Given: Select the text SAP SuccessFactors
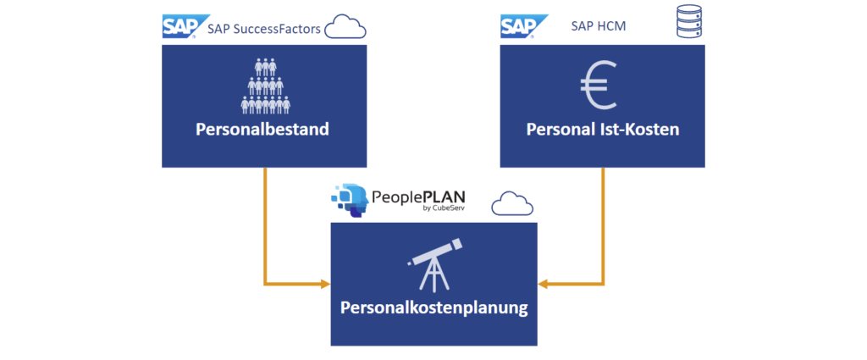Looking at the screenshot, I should click(263, 30).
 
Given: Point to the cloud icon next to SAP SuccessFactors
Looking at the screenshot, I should click(345, 28).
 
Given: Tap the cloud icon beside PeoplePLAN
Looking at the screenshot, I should click(513, 204).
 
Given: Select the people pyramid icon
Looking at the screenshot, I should click(264, 86).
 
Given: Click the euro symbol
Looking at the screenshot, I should click(600, 87).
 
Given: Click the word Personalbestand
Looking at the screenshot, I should click(263, 130).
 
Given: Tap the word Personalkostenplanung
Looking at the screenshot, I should click(433, 307).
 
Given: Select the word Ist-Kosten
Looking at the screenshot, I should click(641, 130).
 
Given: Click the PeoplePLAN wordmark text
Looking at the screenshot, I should click(419, 196).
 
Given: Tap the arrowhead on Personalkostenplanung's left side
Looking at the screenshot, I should click(324, 283).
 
